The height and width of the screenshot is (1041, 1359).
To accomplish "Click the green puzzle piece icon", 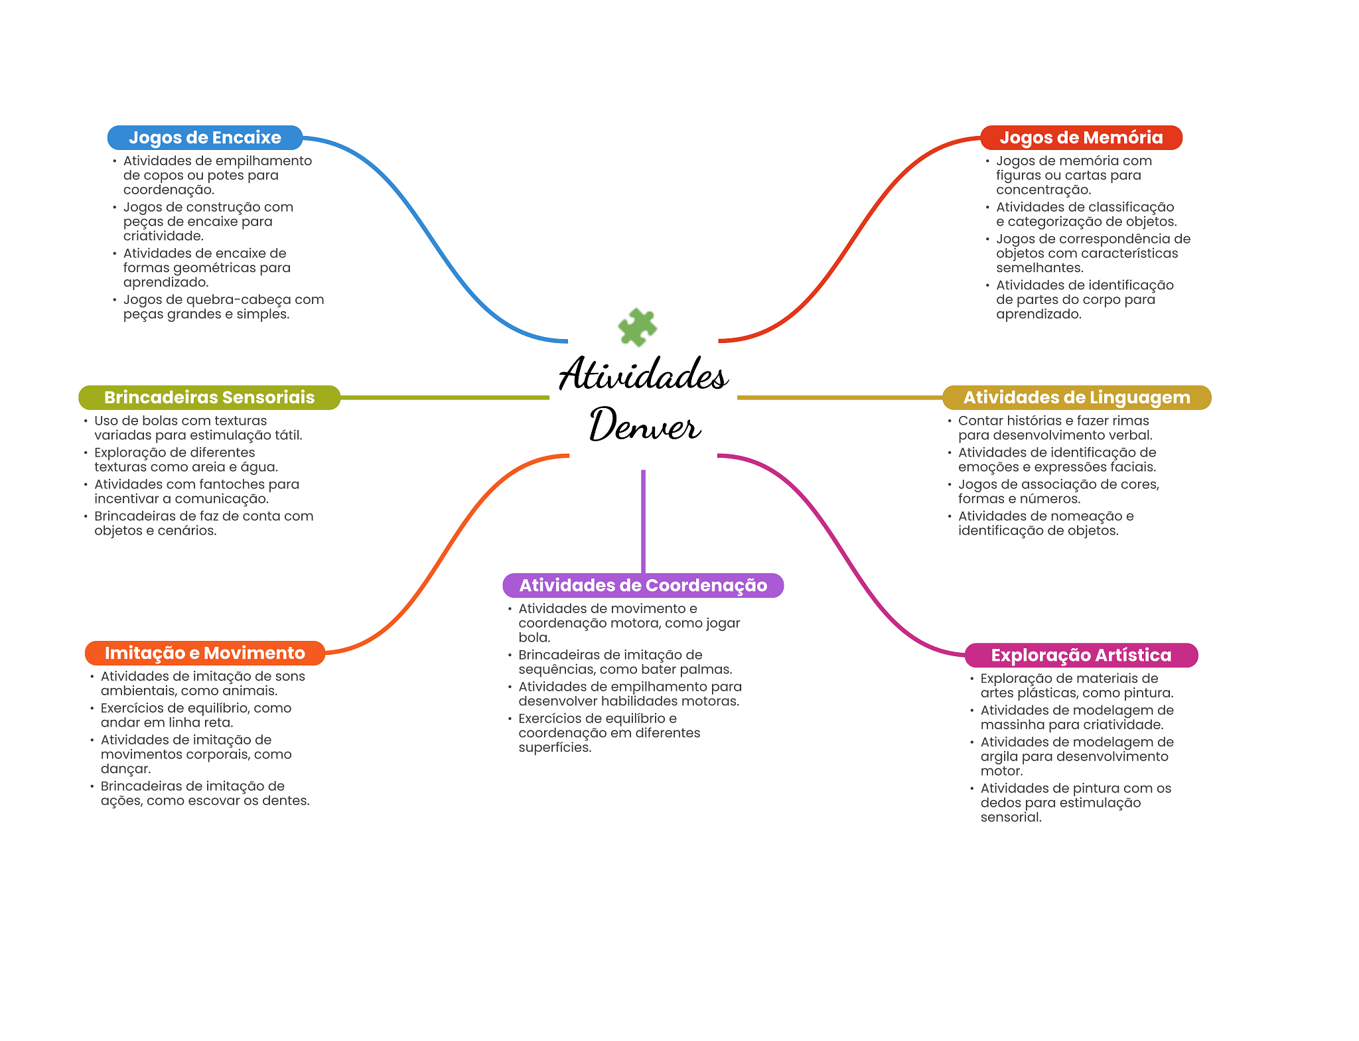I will (x=637, y=327).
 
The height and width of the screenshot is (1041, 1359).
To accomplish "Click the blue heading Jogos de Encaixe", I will (x=204, y=137).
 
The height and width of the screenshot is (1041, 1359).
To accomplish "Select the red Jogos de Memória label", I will (x=1081, y=137).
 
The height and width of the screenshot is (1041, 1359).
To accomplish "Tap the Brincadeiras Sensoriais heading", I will (x=209, y=397).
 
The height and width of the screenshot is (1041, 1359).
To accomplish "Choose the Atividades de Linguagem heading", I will (x=1076, y=397).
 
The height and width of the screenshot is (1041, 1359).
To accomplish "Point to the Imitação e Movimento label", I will (x=204, y=653).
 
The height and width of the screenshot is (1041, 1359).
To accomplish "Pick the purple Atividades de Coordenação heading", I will (x=643, y=585).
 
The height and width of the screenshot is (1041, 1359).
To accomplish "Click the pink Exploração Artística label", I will (x=1081, y=655).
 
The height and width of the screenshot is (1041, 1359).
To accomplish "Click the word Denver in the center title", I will (x=644, y=425).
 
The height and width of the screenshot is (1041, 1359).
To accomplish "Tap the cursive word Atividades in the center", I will (x=643, y=374).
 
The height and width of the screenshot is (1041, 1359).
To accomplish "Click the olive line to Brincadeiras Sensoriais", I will (x=445, y=397).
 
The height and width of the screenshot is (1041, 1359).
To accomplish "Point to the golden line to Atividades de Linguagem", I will (x=839, y=397).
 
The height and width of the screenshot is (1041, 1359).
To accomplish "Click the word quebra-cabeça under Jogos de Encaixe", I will (x=239, y=300).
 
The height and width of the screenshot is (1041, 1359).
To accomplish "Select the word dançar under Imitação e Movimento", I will (x=125, y=769).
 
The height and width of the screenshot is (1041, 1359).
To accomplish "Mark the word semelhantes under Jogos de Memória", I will (x=1039, y=268).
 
